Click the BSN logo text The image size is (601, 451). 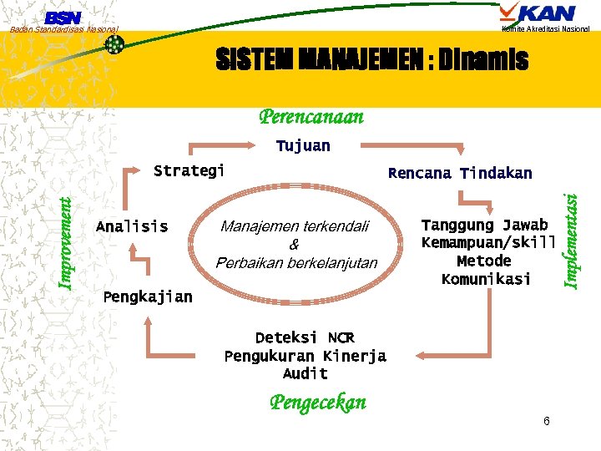coord(63,17)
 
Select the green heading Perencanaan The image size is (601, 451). coord(311,116)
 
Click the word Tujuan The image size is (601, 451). coord(303,146)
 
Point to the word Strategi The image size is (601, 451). coord(189,171)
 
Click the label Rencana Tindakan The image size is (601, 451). coord(460,174)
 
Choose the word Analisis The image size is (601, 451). coord(132,226)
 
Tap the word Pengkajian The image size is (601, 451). coord(147,296)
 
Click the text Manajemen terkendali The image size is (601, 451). coord(295,226)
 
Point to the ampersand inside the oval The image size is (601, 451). coord(294,245)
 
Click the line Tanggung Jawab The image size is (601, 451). coord(485,225)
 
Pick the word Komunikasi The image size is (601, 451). coord(486,279)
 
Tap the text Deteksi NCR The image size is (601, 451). coord(305,338)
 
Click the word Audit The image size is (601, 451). coord(305,373)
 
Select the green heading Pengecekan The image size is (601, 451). coord(317,403)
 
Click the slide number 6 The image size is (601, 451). coord(546,421)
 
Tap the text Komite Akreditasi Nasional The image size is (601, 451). coord(546,29)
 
